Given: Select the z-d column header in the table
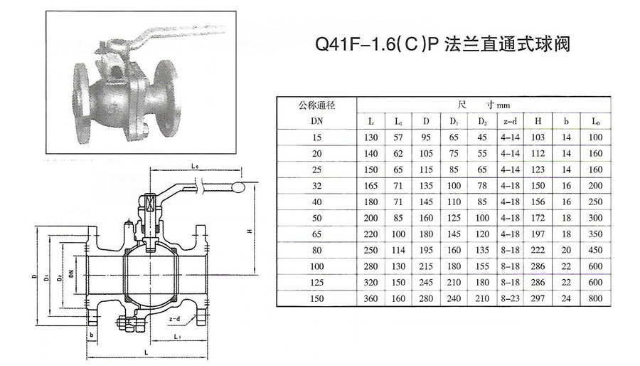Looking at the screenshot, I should click(508, 120).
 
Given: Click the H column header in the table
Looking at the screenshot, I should click(538, 120).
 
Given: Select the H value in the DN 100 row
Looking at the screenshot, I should click(538, 265).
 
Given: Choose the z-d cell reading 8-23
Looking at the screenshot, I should click(508, 298).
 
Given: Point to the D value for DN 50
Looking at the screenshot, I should click(425, 216).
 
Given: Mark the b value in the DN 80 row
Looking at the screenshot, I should click(567, 249).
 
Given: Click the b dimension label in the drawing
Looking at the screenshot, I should click(92, 333).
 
